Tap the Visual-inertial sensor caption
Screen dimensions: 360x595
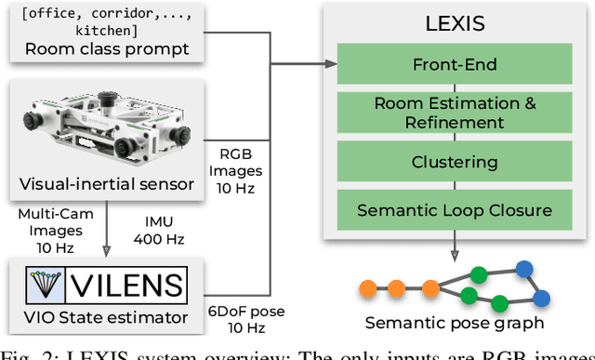pyautogui.click(x=107, y=183)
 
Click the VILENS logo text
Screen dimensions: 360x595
pyautogui.click(x=129, y=283)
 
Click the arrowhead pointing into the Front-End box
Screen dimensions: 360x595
pyautogui.click(x=333, y=64)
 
